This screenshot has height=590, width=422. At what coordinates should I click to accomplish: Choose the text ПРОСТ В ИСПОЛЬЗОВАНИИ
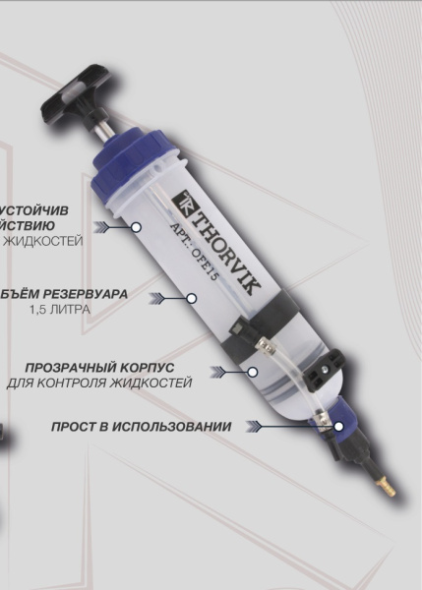click(142, 427)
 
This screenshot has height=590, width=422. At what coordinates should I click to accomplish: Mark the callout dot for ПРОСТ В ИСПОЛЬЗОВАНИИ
click(338, 427)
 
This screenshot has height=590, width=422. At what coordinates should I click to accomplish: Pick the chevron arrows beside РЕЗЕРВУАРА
click(158, 295)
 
